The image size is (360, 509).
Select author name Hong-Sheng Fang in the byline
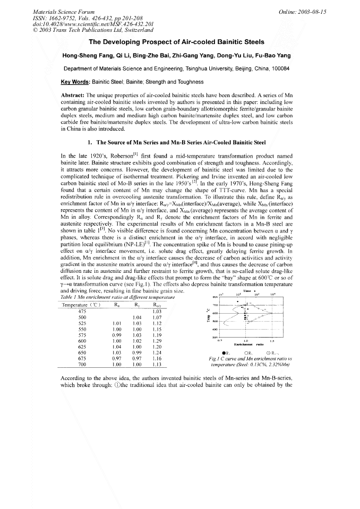87,55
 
